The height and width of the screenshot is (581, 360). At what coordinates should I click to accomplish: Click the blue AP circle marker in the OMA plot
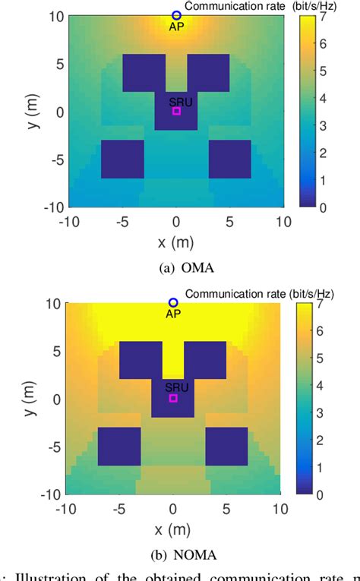pyautogui.click(x=176, y=15)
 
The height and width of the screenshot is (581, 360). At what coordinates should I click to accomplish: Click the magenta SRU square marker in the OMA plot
pyautogui.click(x=176, y=111)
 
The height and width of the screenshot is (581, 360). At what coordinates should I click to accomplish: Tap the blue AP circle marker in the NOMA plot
pyautogui.click(x=173, y=303)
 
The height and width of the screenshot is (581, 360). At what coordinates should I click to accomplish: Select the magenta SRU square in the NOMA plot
pyautogui.click(x=173, y=398)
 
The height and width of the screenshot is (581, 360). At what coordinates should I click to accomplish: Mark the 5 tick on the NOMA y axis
pyautogui.click(x=54, y=351)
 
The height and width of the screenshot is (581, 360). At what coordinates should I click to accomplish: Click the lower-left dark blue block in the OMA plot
pyautogui.click(x=122, y=159)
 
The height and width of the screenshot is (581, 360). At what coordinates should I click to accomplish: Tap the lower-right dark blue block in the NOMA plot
pyautogui.click(x=226, y=446)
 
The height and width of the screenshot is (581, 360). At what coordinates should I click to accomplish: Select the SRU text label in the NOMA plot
pyautogui.click(x=173, y=387)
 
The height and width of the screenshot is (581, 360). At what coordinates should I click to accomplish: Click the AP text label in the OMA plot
pyautogui.click(x=176, y=27)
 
